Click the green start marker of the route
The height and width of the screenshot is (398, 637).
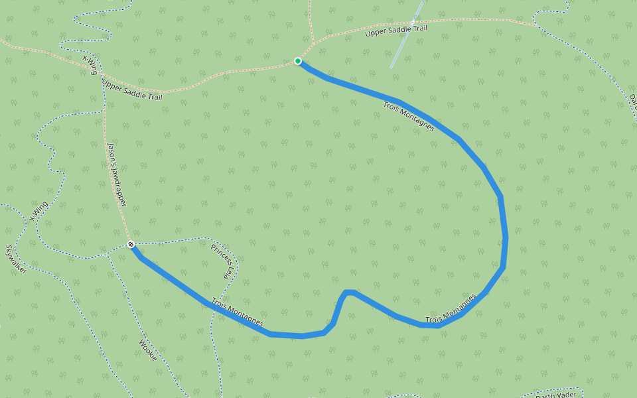tap(298, 61)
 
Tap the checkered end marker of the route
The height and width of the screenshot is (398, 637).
tap(131, 245)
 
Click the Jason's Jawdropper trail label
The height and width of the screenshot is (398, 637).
tap(116, 174)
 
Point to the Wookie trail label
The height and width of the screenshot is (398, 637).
tap(148, 350)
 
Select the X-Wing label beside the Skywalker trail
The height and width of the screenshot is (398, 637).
tap(38, 210)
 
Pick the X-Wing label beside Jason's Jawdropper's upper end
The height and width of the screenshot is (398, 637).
tap(90, 65)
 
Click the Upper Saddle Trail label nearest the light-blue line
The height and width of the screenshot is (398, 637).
tap(396, 29)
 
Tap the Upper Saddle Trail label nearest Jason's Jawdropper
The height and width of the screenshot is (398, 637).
tap(132, 90)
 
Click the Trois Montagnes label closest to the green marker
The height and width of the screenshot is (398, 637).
tap(409, 115)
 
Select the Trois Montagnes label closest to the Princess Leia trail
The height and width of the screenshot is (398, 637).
tap(237, 314)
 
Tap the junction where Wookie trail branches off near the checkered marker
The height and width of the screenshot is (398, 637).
tap(107, 253)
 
